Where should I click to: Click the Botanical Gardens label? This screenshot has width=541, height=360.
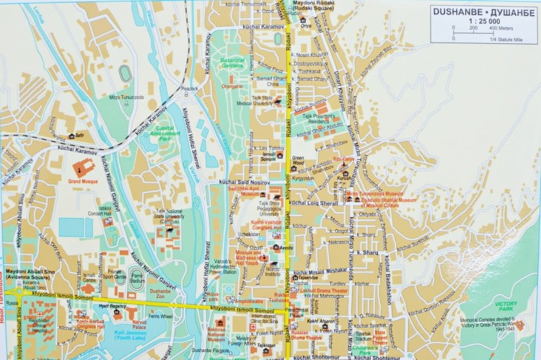(232, 63)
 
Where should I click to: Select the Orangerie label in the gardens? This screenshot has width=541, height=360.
(232, 86)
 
